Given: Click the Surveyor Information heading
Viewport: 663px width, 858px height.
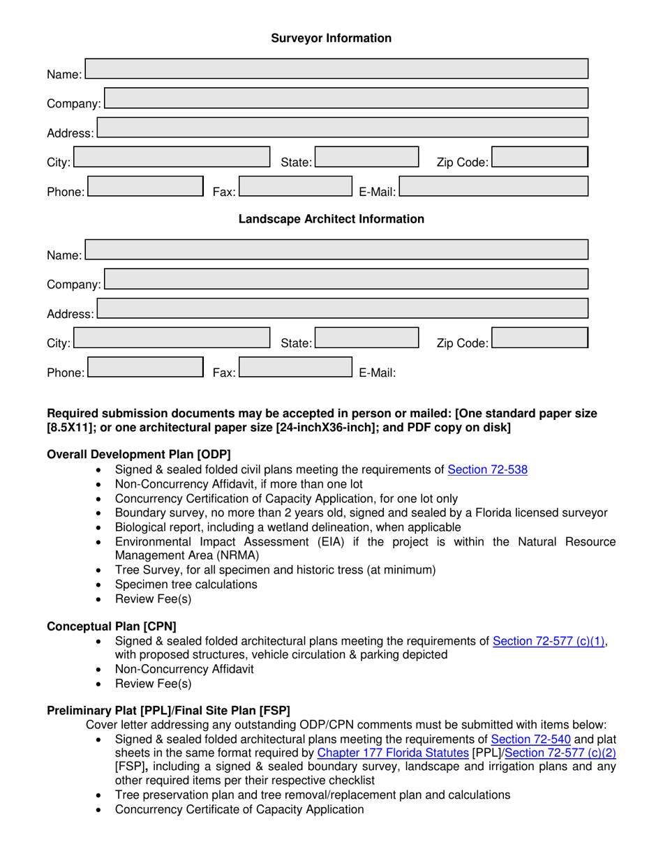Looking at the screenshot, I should click(331, 38).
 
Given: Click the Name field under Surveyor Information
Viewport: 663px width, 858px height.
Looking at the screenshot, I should click(336, 68).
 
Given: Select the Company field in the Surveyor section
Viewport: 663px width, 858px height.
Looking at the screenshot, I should click(346, 98).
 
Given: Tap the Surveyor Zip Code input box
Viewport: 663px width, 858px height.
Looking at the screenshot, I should click(539, 157).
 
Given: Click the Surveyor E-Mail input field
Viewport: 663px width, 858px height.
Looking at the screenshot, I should click(494, 186).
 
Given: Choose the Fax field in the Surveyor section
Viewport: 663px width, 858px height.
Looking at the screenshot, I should click(295, 186).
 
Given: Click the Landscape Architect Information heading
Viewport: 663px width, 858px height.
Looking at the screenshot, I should click(331, 219).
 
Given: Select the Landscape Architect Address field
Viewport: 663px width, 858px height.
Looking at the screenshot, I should click(343, 308).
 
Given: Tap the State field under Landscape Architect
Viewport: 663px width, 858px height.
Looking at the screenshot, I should click(366, 338).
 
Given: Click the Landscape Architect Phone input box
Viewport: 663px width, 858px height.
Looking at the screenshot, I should click(144, 367).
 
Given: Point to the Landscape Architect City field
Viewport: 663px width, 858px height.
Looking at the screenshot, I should click(172, 338).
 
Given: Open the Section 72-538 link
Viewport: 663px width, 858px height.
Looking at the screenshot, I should click(487, 469).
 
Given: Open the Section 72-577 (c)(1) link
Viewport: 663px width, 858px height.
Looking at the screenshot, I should click(549, 641).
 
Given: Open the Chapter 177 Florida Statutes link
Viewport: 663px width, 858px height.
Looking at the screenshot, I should click(392, 753).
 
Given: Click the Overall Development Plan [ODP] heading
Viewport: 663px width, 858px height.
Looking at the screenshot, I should click(138, 454).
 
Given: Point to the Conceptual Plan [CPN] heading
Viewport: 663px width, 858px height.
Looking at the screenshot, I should click(111, 626).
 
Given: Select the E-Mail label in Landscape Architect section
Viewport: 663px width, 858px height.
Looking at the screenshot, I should click(378, 372).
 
